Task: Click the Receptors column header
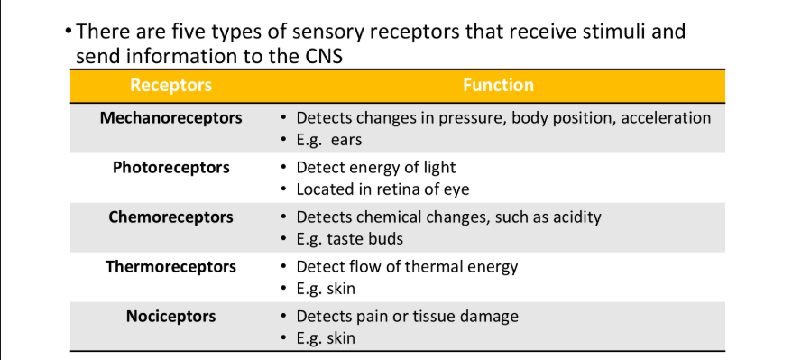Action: click(x=171, y=86)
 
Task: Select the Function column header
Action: click(x=498, y=86)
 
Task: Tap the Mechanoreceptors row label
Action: click(x=171, y=118)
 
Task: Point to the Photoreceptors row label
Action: click(x=171, y=168)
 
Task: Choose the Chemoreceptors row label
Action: click(x=171, y=217)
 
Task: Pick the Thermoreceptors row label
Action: click(x=171, y=267)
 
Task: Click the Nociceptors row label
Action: click(x=171, y=317)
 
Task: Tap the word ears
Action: click(x=346, y=140)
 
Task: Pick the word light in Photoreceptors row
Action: click(x=438, y=168)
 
